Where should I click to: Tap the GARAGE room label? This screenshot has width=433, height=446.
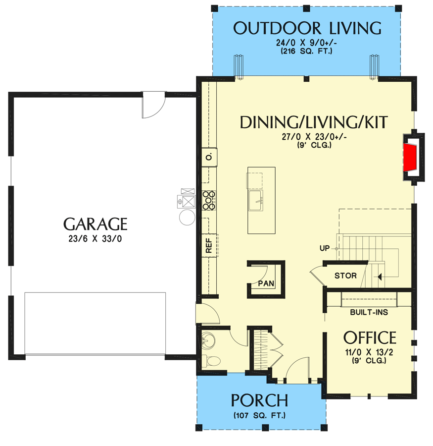(95, 224)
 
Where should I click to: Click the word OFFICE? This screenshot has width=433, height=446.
(370, 338)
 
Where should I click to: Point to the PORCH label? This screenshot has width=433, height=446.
(260, 400)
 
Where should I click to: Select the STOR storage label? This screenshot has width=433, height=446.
(345, 276)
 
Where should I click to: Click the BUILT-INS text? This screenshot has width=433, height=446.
(369, 313)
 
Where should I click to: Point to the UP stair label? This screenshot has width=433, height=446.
(325, 247)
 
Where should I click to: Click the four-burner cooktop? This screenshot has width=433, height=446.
(209, 201)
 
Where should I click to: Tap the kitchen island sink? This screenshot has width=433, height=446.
(256, 201)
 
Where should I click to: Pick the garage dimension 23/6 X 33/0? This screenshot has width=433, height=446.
(95, 238)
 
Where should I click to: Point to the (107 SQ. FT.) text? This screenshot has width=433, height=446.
(260, 415)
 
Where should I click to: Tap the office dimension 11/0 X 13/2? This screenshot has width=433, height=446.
(370, 352)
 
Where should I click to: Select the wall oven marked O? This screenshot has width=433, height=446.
(209, 157)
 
